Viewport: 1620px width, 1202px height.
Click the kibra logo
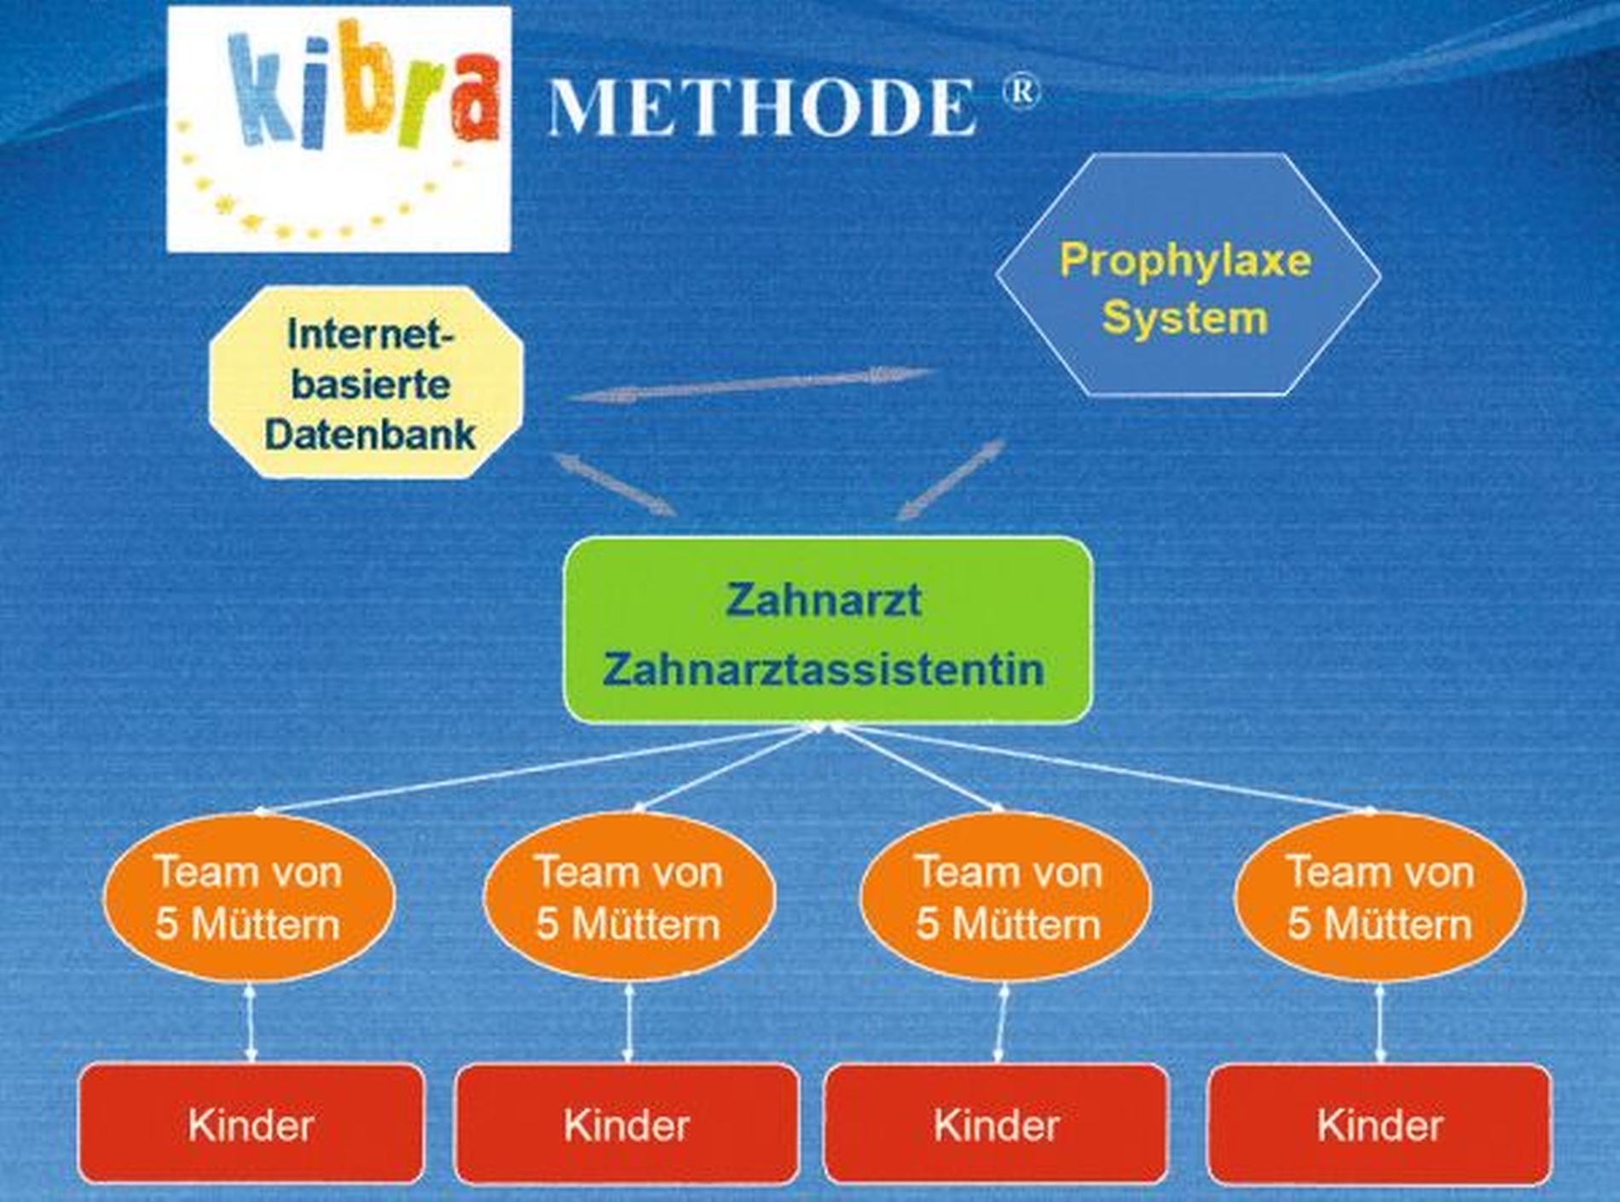[x=338, y=129]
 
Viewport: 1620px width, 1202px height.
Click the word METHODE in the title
[x=761, y=107]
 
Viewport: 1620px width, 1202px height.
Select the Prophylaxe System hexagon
[x=1188, y=275]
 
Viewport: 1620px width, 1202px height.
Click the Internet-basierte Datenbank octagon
[x=366, y=381]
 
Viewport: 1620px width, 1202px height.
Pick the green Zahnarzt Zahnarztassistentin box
[x=828, y=630]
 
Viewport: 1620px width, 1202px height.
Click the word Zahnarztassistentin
[x=824, y=669]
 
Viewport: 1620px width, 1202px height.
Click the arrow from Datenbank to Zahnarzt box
[x=614, y=483]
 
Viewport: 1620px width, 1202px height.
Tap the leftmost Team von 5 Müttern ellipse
[x=249, y=897]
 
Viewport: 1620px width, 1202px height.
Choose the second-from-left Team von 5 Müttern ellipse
[x=629, y=897]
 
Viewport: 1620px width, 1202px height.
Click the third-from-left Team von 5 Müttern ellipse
[x=1006, y=897]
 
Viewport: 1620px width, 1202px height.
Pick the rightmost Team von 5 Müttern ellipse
[x=1380, y=897]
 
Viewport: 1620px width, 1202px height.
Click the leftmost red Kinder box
[x=252, y=1124]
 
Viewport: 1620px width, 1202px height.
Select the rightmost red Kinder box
[x=1380, y=1124]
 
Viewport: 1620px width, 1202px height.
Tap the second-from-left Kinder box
[x=628, y=1124]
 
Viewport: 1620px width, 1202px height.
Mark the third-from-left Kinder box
[x=997, y=1124]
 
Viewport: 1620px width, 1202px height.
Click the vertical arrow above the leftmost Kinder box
[x=250, y=1023]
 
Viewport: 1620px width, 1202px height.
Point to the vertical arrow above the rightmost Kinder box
[x=1380, y=1023]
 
